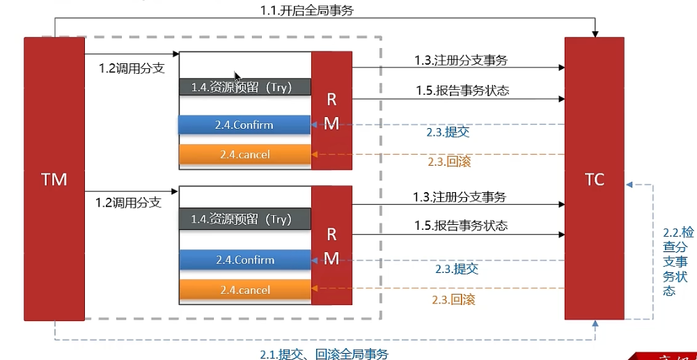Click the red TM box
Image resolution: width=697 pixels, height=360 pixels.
54,179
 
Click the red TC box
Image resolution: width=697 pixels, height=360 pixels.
595,179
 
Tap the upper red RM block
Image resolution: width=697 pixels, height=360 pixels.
331,110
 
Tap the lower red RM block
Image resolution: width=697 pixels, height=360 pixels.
331,245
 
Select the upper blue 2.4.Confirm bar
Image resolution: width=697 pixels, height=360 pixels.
244,125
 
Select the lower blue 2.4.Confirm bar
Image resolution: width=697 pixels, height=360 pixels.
245,260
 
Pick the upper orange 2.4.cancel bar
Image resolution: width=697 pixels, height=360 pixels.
245,154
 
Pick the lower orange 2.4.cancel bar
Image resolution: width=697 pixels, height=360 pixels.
245,290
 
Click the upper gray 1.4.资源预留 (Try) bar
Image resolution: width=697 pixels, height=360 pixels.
245,86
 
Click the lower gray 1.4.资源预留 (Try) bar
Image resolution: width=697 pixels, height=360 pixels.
245,219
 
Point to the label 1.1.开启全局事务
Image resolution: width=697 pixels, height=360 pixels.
307,10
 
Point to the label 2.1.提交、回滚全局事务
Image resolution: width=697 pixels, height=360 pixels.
324,354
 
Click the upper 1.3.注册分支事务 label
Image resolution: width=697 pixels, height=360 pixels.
461,61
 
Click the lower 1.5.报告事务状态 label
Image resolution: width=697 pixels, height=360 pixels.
461,226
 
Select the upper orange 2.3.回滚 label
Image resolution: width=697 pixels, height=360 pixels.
449,162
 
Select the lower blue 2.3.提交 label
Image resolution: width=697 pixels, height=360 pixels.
457,269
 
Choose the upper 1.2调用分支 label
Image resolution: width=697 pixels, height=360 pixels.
131,68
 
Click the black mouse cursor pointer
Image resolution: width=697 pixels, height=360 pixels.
237,77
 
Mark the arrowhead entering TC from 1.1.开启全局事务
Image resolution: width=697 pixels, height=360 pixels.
595,34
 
